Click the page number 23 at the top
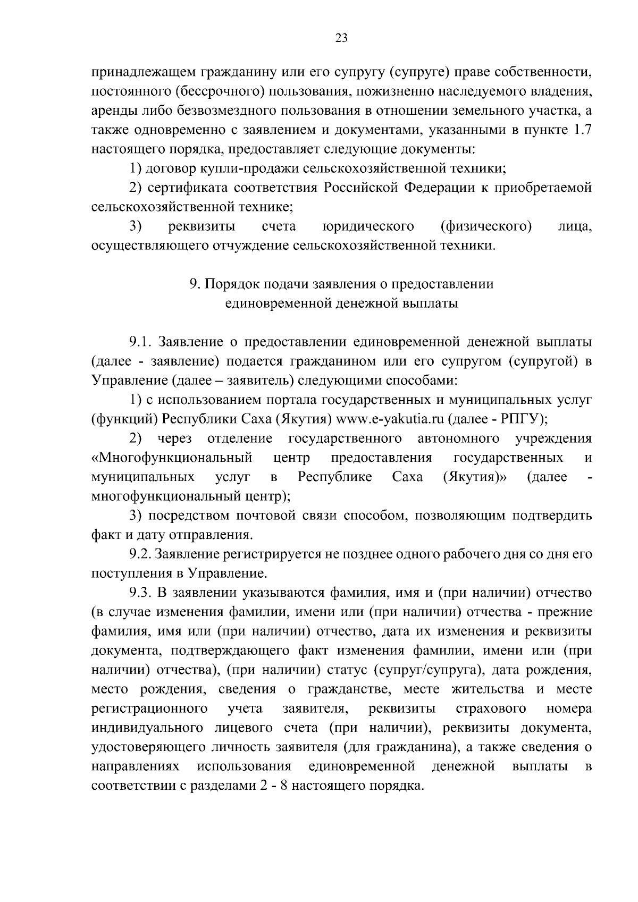341,38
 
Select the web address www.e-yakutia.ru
391,419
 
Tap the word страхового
492,709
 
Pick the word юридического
368,226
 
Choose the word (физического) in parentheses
486,226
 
